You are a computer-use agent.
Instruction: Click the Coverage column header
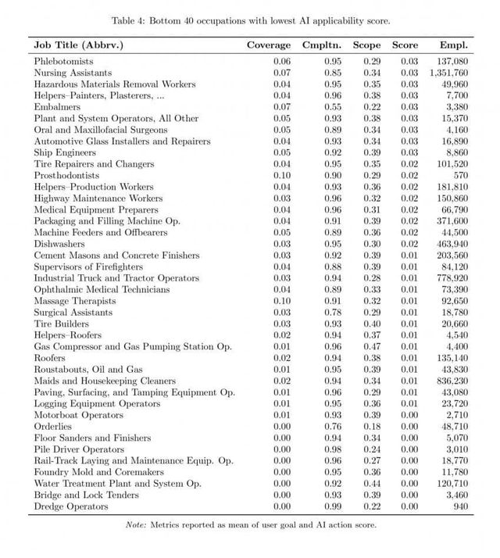coord(269,45)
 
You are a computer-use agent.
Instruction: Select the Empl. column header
coord(454,45)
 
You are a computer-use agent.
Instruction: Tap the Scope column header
coord(366,45)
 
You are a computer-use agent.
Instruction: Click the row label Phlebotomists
coord(64,60)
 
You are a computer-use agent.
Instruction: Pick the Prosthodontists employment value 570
coord(459,175)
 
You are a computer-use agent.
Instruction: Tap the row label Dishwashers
coord(58,244)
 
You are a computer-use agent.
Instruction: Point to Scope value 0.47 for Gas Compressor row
coord(371,347)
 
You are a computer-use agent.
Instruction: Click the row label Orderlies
coord(53,427)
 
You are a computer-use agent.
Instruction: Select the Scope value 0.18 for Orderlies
coord(371,427)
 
